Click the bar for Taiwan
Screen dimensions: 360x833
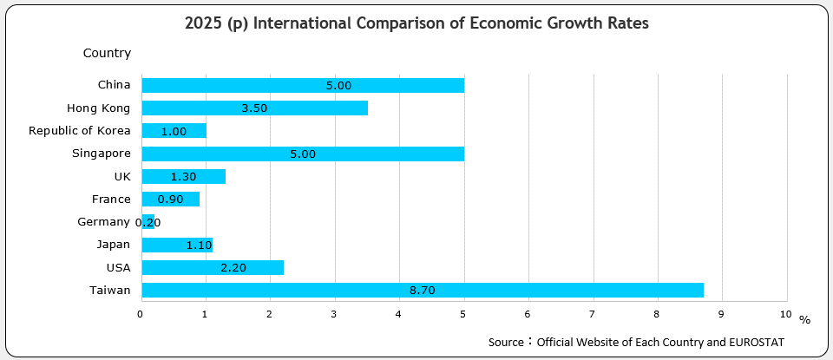[x=422, y=290]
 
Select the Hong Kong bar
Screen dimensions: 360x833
[x=254, y=108]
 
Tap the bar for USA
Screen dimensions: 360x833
[x=212, y=267]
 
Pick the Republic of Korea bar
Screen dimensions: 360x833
[x=174, y=131]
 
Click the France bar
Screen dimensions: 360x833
[x=170, y=200]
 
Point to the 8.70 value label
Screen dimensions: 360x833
[x=422, y=291]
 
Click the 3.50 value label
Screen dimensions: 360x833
[x=254, y=108]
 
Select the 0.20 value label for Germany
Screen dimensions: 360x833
[x=148, y=222]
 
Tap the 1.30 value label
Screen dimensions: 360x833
[x=184, y=177]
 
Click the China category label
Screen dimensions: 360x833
[x=115, y=85]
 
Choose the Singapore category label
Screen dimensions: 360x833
[x=102, y=154]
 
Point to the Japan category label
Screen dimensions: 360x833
[x=114, y=245]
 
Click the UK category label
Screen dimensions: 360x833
[x=121, y=176]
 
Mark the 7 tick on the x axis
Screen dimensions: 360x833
[x=593, y=314]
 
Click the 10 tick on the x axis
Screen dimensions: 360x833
[x=786, y=314]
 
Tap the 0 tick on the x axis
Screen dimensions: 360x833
[x=141, y=314]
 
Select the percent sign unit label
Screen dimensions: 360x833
[x=804, y=321]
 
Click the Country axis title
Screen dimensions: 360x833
[x=107, y=54]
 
